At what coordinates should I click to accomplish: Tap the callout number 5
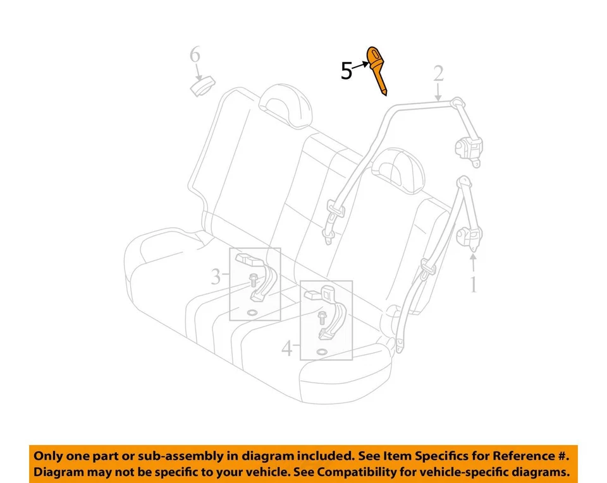coord(346,71)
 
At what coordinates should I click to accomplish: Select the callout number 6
coord(195,56)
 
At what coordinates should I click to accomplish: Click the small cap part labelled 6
coord(204,86)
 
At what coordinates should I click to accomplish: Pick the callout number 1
coord(472,285)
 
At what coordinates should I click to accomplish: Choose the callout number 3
coord(216,276)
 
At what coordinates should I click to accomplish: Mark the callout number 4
coord(288,348)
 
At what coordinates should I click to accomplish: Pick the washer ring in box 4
coord(321,350)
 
